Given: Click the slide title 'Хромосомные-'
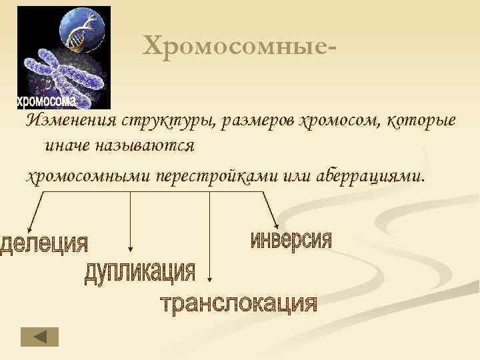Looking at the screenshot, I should pyautogui.click(x=239, y=45).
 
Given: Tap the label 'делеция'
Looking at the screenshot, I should pyautogui.click(x=44, y=243).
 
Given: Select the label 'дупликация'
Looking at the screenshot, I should pyautogui.click(x=140, y=273).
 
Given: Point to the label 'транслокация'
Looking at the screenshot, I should pyautogui.click(x=239, y=303).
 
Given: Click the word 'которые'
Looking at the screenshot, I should pyautogui.click(x=416, y=121).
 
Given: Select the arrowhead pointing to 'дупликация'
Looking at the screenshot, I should pyautogui.click(x=131, y=249).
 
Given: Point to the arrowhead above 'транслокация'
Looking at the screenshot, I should pyautogui.click(x=210, y=281).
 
